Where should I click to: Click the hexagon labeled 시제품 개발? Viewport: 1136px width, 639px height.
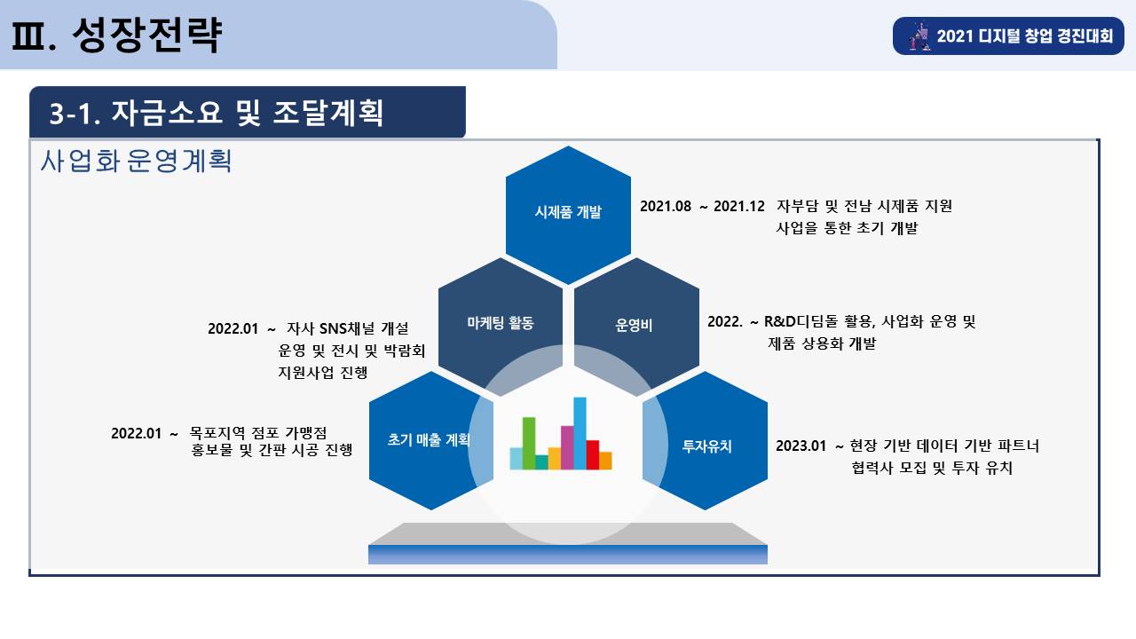(568, 216)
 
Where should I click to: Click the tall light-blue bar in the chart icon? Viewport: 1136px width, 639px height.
(580, 433)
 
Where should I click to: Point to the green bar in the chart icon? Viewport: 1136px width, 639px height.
(529, 443)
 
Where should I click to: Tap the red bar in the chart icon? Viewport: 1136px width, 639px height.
(592, 454)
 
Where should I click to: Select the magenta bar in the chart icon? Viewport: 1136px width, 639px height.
(567, 447)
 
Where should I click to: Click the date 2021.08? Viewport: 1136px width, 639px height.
(666, 207)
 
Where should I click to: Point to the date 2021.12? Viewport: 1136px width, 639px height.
(739, 207)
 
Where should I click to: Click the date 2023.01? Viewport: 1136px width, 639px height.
(801, 446)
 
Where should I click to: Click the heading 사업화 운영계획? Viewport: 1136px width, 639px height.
(136, 162)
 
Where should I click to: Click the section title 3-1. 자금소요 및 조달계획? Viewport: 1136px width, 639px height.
(216, 113)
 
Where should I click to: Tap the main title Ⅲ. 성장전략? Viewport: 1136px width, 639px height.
(116, 35)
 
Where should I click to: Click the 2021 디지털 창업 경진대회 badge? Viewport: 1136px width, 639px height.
(1008, 36)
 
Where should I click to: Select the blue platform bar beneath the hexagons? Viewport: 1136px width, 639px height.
(568, 555)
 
